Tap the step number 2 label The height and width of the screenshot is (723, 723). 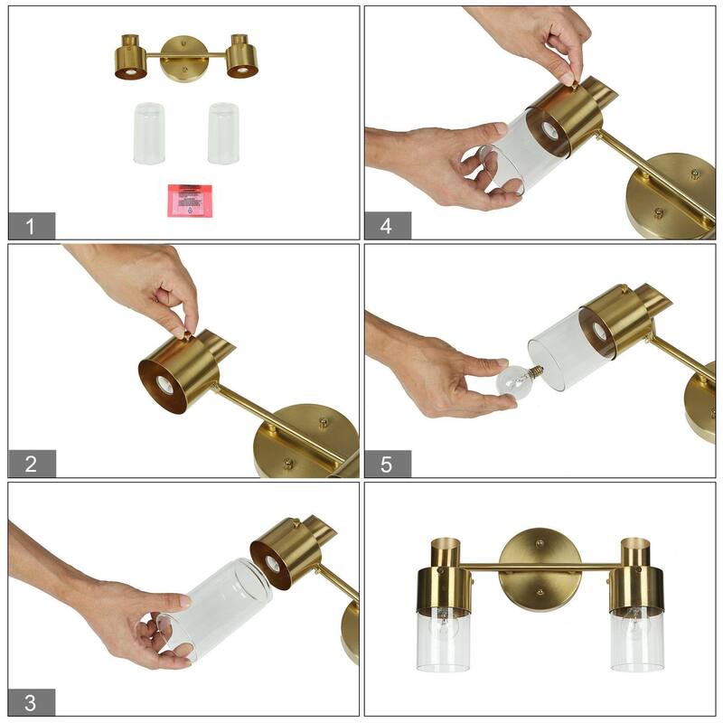point(32,464)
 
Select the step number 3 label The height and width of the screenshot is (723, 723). point(32,702)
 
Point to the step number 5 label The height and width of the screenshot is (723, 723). point(387,464)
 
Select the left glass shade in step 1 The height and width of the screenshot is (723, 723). point(149,133)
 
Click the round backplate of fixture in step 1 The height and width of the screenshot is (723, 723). point(185,57)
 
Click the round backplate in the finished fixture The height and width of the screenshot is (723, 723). point(539,569)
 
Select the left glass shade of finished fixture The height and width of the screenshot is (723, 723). point(443,639)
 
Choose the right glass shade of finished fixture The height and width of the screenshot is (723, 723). point(636,639)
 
